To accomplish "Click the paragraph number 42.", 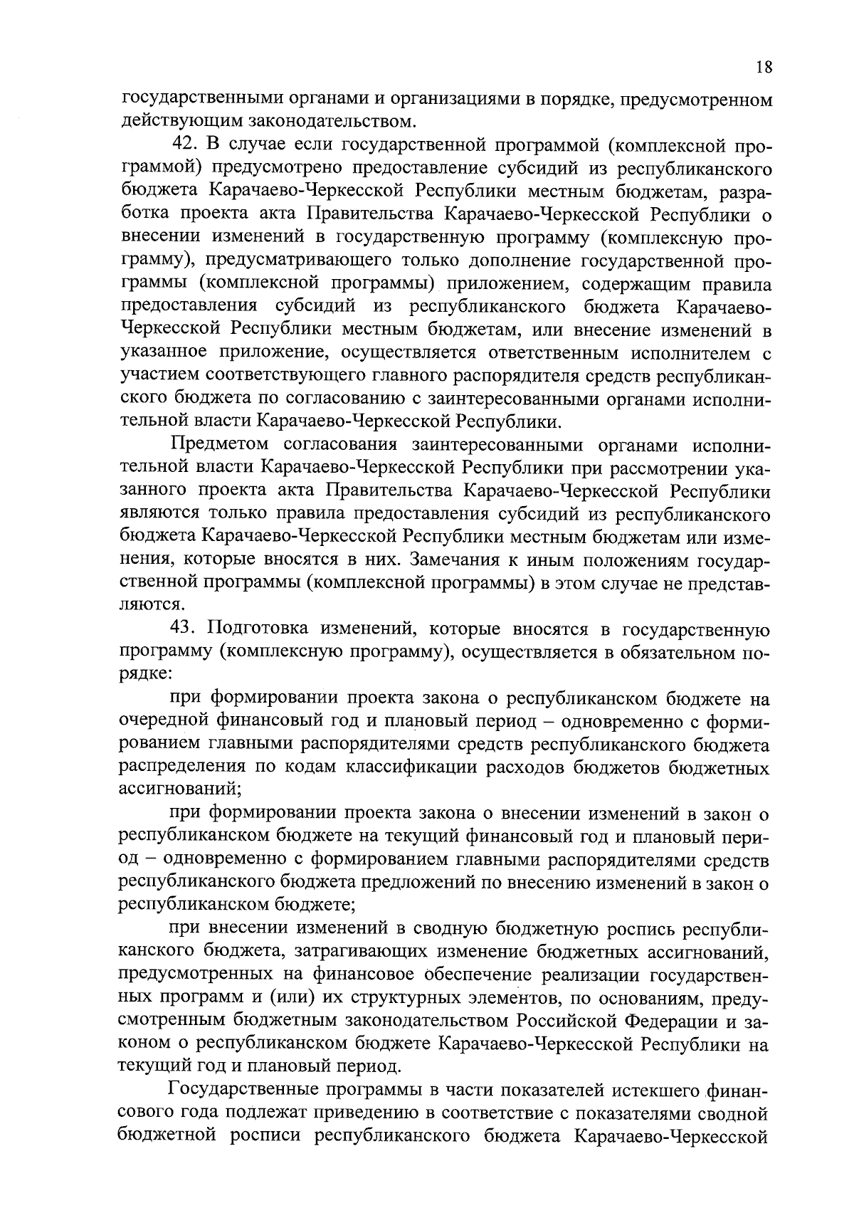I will (185, 145).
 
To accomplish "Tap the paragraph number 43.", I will (185, 629).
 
